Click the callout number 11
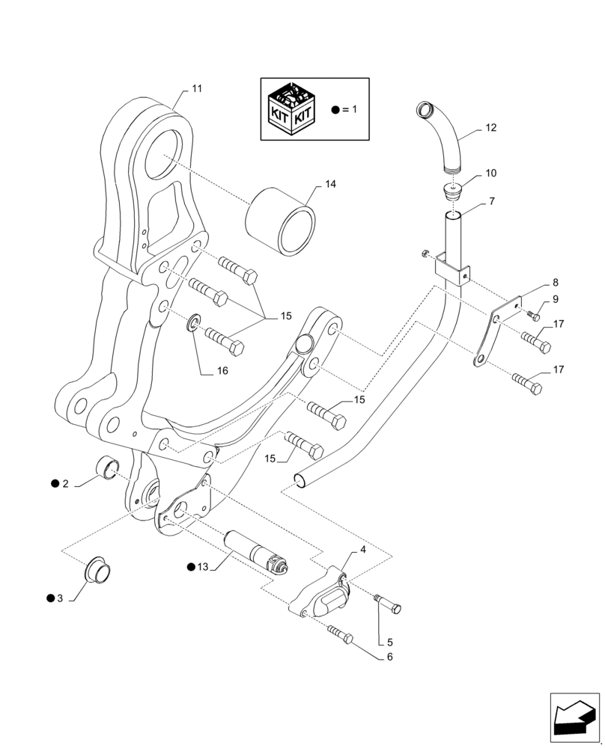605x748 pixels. tap(196, 88)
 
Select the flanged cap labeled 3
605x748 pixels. tap(98, 570)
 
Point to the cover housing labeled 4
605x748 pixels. tap(322, 596)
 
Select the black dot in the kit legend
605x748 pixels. tap(335, 109)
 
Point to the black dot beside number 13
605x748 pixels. tap(192, 566)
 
